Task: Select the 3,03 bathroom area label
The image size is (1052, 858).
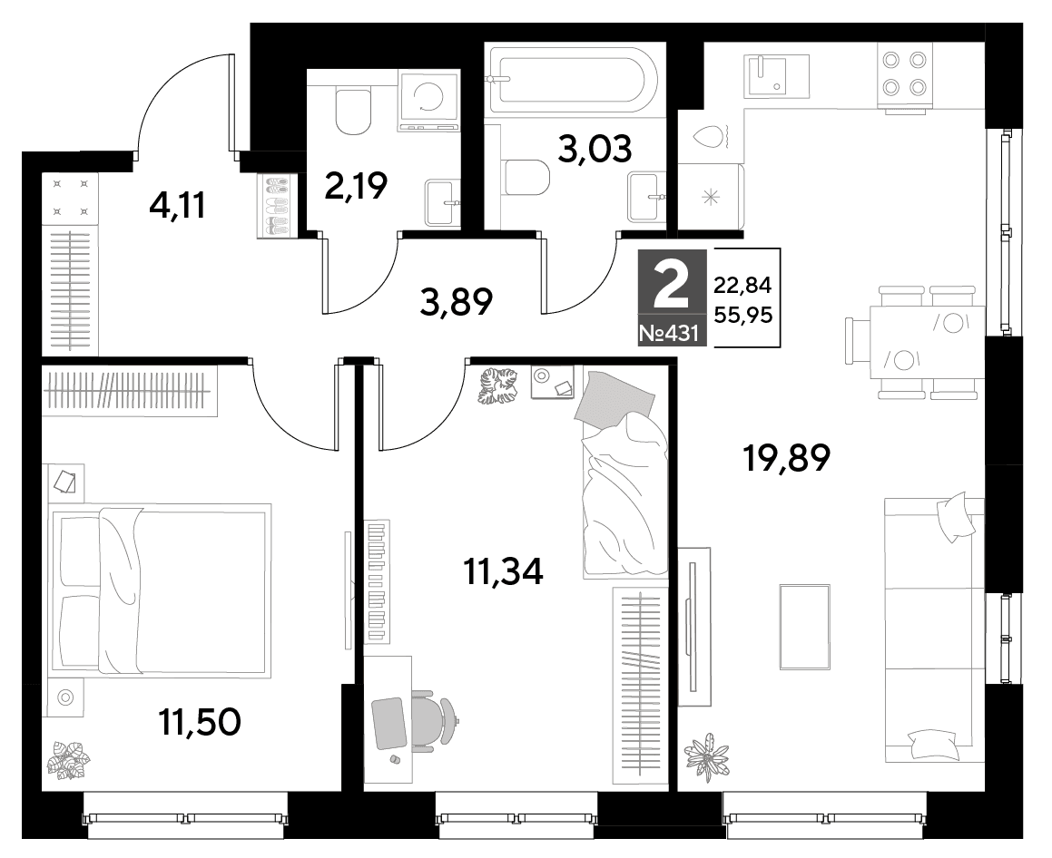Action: tap(595, 149)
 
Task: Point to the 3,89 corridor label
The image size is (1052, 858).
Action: tap(457, 302)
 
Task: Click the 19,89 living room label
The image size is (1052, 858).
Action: tap(786, 459)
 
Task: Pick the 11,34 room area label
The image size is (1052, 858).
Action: tap(503, 571)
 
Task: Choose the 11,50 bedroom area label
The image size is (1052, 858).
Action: tap(200, 722)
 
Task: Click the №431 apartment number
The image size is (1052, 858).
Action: tap(673, 333)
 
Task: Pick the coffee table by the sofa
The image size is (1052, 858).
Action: tap(806, 627)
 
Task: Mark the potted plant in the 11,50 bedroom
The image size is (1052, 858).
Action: tap(68, 759)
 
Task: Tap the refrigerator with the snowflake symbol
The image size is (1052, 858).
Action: tap(710, 196)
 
